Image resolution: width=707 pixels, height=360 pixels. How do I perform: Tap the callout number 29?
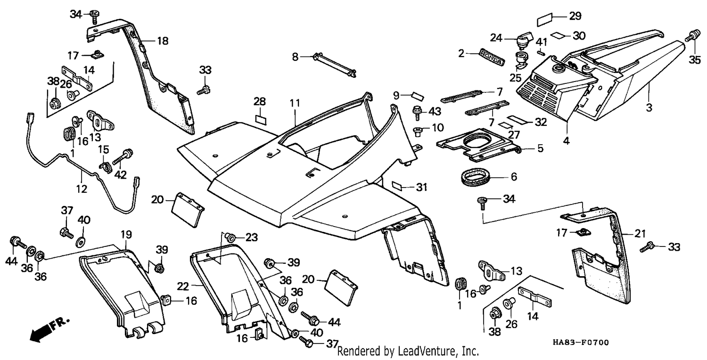(x=575, y=16)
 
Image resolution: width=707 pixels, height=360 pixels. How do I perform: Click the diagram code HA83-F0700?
(x=581, y=343)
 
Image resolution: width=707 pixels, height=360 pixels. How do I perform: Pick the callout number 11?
(x=295, y=103)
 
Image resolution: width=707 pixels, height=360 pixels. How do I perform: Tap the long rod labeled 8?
(x=334, y=65)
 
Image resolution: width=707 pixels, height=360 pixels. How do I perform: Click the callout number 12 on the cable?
(x=82, y=188)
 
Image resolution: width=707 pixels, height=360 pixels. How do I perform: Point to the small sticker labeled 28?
(x=261, y=120)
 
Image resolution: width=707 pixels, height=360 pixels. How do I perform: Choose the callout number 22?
(x=183, y=286)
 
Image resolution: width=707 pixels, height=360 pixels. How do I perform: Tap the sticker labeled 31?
(x=397, y=186)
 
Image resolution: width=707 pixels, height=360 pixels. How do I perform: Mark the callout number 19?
(x=126, y=235)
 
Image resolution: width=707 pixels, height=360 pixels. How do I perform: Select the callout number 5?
(x=540, y=148)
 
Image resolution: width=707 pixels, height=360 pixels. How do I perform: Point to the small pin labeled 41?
(x=541, y=52)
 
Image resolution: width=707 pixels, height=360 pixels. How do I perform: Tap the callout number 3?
(x=649, y=107)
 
